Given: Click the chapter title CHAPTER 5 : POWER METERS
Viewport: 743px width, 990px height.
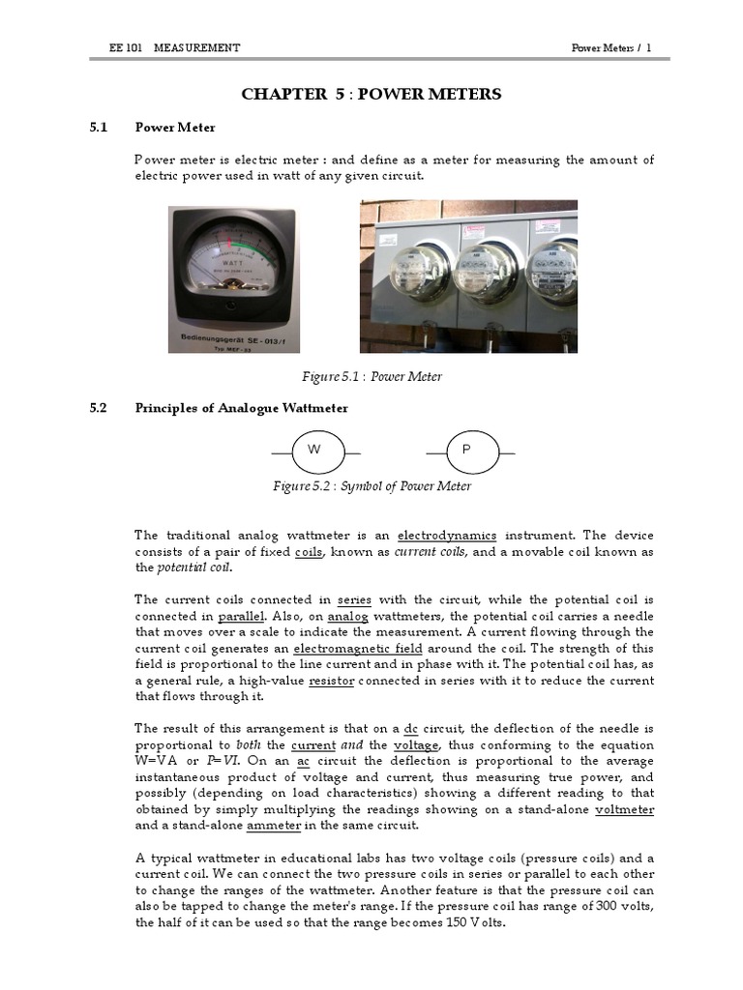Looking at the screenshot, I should tap(371, 94).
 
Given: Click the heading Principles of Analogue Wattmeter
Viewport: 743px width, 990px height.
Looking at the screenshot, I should tap(241, 408).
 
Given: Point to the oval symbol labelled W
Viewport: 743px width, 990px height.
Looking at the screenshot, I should tap(314, 451).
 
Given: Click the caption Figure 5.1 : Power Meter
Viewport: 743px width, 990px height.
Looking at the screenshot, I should tap(372, 376).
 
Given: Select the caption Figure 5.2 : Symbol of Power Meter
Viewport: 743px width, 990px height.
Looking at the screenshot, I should tap(372, 486).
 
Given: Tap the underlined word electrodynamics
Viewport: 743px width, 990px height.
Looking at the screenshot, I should tap(447, 535).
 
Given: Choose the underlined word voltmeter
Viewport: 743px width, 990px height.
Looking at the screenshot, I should tap(624, 809).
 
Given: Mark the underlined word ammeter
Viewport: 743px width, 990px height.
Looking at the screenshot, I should tap(274, 826).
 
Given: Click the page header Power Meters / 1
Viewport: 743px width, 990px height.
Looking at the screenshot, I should tap(611, 47).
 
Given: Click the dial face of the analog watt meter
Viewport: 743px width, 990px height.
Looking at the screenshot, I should tap(232, 255).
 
